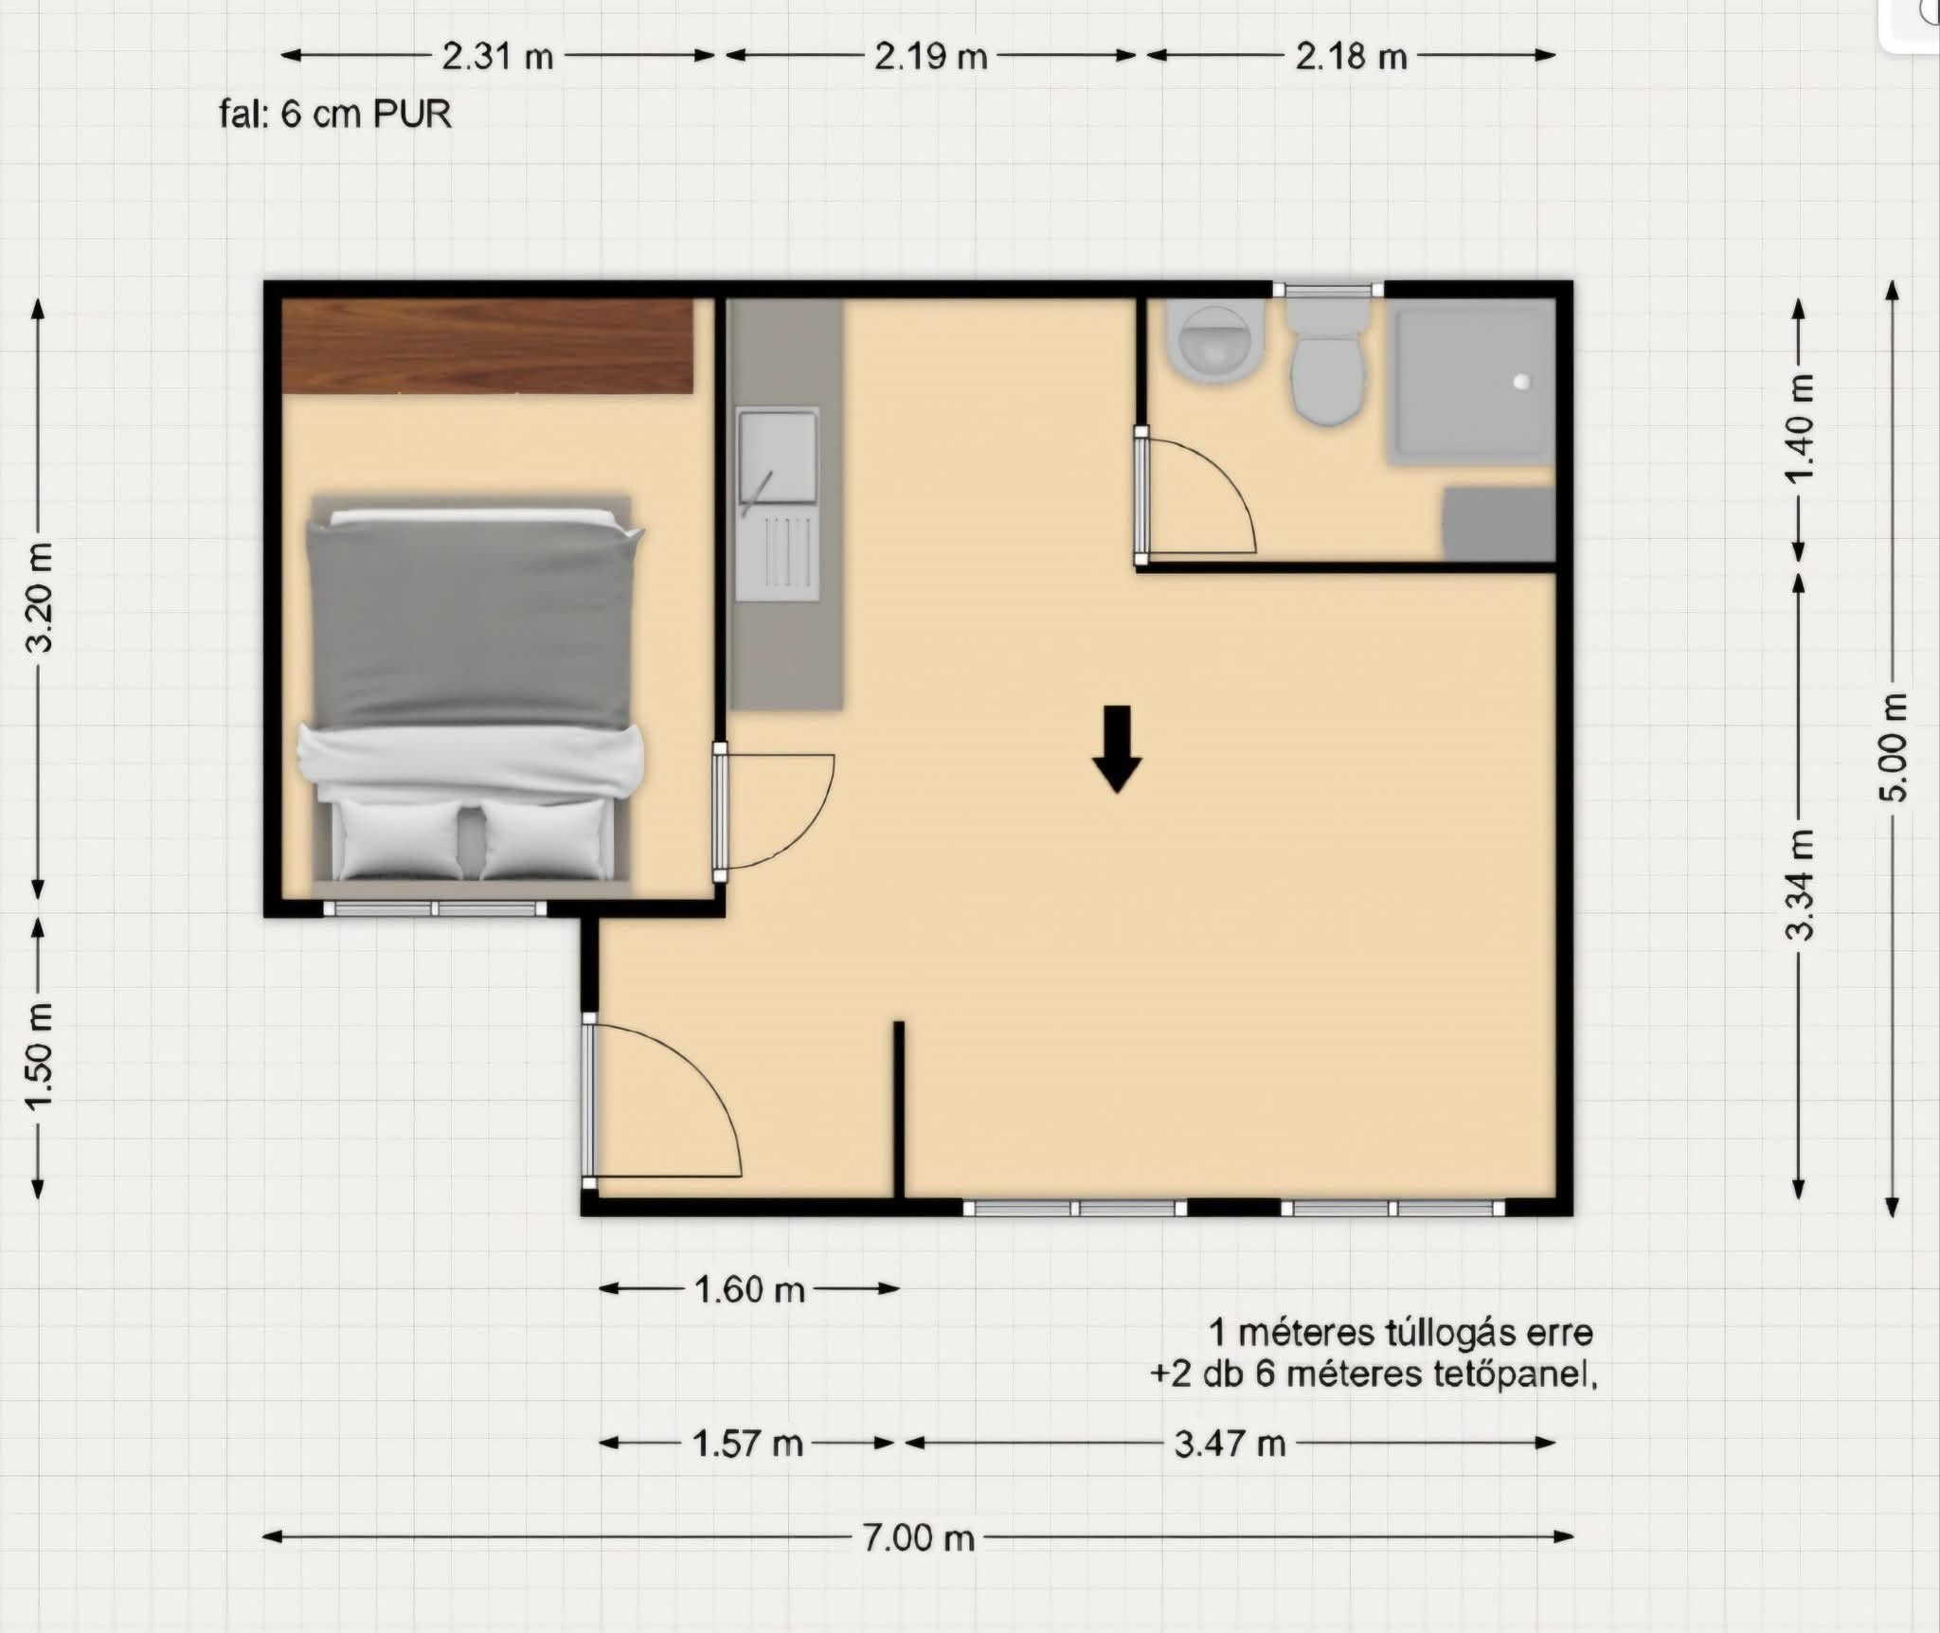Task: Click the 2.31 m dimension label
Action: coord(497,57)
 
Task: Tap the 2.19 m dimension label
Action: coord(930,57)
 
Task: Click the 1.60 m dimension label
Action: coord(749,1289)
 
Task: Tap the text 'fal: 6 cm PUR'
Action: coord(335,115)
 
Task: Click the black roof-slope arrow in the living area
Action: coord(1118,748)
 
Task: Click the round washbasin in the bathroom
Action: coord(1218,343)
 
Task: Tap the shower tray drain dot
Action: coord(1522,382)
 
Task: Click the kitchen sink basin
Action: coord(778,457)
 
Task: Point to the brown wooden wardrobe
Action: coord(488,346)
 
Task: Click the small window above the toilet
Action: coord(1327,291)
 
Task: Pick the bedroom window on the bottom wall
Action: coord(435,908)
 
